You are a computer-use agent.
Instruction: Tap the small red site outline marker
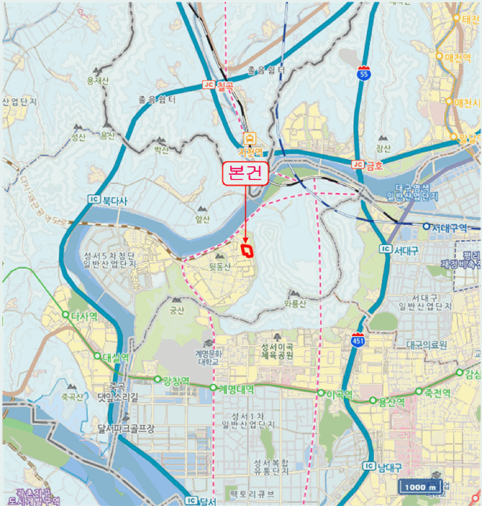[x=248, y=250]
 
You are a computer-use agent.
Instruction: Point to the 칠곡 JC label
[x=219, y=85]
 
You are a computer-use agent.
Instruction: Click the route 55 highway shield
[x=363, y=73]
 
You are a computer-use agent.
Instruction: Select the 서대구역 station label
[x=452, y=227]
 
